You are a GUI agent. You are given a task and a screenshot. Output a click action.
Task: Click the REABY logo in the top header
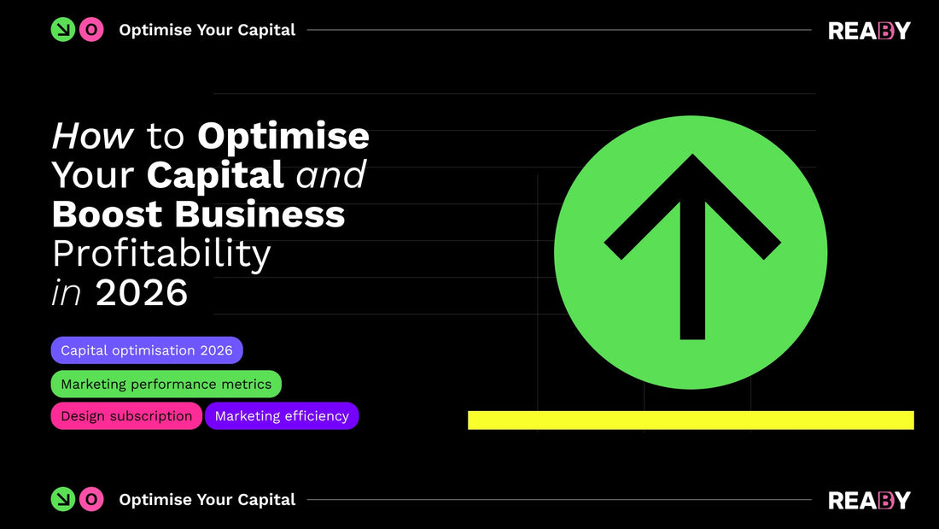click(869, 31)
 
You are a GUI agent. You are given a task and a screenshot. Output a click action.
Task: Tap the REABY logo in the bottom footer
click(869, 500)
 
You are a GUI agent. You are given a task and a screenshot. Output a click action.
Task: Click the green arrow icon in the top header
click(63, 30)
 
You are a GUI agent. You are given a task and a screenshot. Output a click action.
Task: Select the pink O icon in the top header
click(91, 30)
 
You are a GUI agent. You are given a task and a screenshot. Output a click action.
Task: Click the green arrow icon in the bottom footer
click(63, 499)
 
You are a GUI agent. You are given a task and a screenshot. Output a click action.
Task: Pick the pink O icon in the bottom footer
click(91, 499)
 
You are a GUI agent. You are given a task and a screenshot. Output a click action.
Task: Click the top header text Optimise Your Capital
click(207, 30)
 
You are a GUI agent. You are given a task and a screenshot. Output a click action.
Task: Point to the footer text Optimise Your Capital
click(207, 499)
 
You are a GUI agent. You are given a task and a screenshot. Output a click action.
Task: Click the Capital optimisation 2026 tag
click(147, 350)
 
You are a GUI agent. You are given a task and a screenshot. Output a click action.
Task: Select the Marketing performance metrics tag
click(166, 384)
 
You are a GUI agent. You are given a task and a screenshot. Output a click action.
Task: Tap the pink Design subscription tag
click(126, 416)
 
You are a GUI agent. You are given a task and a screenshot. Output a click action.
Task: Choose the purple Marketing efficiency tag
click(282, 416)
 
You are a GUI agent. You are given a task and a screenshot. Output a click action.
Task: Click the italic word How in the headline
click(93, 137)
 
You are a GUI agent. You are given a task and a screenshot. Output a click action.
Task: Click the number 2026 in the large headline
click(142, 293)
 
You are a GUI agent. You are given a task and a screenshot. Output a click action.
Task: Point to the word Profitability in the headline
click(161, 254)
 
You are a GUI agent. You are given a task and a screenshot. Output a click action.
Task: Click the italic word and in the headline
click(330, 175)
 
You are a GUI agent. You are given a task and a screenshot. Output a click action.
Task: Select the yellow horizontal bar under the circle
click(691, 420)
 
